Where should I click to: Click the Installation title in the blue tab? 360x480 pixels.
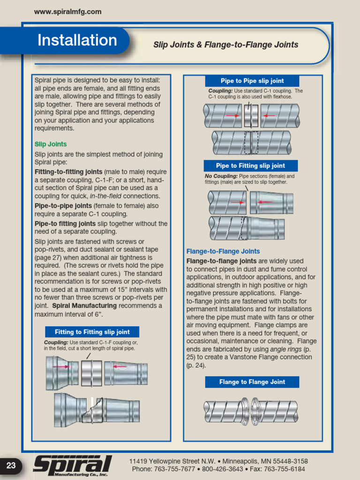77,40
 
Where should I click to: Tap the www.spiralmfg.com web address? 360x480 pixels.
68,12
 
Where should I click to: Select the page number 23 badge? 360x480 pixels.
11,465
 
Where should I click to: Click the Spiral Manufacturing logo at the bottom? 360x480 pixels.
73,466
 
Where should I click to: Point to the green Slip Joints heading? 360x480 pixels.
51,144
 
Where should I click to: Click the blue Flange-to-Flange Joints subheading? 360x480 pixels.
223,251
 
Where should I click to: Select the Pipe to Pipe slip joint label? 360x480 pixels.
252,81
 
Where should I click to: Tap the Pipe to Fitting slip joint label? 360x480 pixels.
250,165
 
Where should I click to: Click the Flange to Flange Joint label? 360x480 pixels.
252,382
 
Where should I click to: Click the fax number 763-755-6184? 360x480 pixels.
284,469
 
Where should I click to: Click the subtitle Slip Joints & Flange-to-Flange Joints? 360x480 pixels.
226,45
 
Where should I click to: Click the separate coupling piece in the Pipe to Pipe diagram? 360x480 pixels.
251,115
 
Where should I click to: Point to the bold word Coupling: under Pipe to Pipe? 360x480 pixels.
220,91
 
